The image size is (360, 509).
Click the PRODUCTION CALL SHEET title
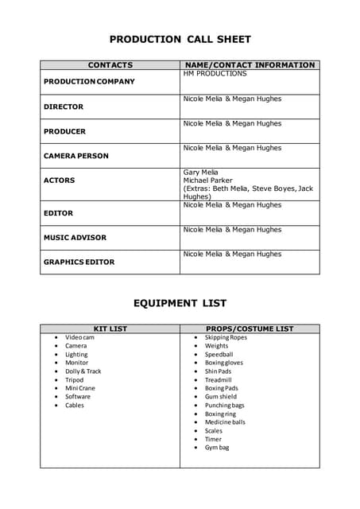point(180,39)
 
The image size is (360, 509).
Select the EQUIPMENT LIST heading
point(180,303)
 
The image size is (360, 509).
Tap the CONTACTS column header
point(110,65)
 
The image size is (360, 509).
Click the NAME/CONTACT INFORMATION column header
point(250,65)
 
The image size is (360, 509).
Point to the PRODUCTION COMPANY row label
point(89,82)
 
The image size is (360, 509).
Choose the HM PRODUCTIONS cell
point(215,74)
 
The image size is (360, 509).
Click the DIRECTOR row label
point(64,107)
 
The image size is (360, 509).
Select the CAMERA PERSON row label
point(76,156)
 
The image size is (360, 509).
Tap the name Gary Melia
point(201,172)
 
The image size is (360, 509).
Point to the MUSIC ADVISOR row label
point(75,237)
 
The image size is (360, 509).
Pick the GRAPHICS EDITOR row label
point(79,262)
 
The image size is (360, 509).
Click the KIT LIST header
point(110,328)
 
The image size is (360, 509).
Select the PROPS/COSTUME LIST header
point(250,328)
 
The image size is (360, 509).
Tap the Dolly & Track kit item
point(83,371)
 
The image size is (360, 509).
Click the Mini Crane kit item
point(80,388)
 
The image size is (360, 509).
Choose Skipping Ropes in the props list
point(226,337)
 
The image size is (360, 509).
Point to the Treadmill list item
point(218,380)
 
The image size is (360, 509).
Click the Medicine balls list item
point(225,422)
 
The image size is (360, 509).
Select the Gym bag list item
point(217,448)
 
